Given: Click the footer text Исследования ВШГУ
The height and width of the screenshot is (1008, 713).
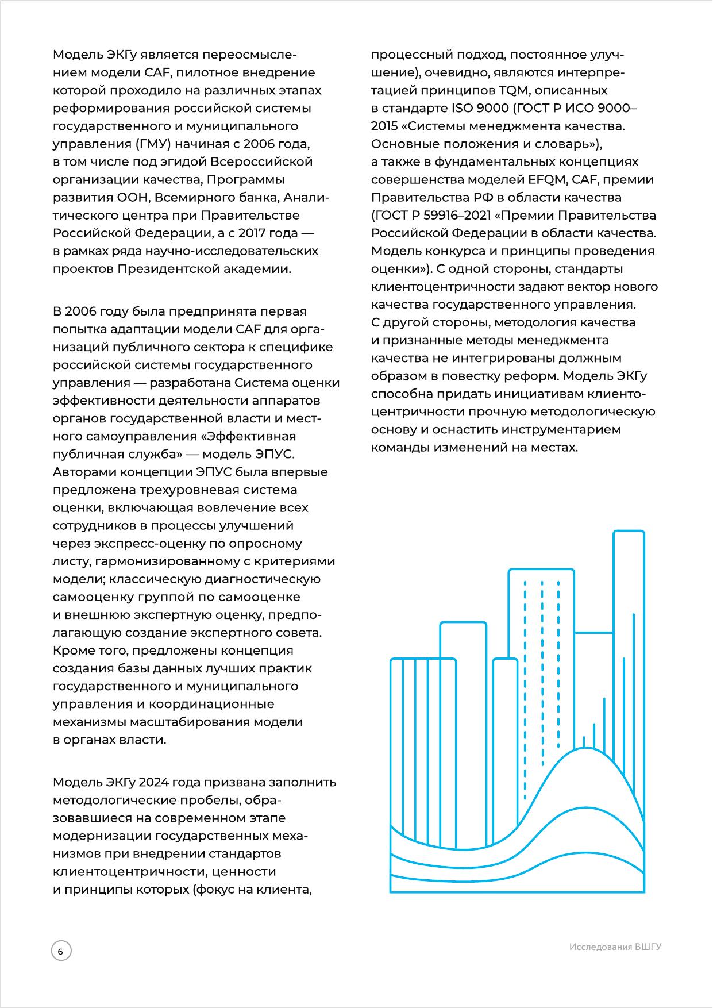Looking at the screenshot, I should point(615,947).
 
